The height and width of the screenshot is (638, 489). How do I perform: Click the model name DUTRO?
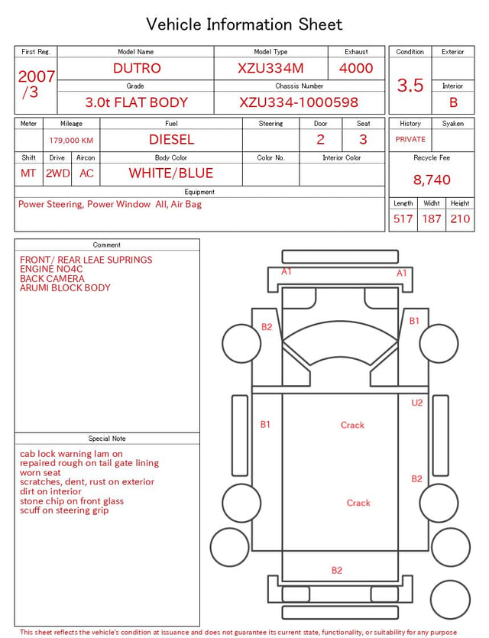coord(137,68)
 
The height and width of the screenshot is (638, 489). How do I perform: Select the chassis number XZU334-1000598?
coord(299,102)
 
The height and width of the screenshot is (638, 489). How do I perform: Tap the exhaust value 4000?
coord(356,68)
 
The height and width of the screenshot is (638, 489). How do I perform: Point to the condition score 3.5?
coord(410,85)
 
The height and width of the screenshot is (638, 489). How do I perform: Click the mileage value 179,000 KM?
coord(71,141)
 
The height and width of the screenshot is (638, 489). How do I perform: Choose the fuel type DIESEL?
coord(171,140)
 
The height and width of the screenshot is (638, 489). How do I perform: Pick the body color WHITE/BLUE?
coord(171,173)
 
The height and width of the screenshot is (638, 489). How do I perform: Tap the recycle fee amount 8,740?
coord(432,180)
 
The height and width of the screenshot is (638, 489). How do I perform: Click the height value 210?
coord(460,219)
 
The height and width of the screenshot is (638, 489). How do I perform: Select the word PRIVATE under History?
coord(410,139)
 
